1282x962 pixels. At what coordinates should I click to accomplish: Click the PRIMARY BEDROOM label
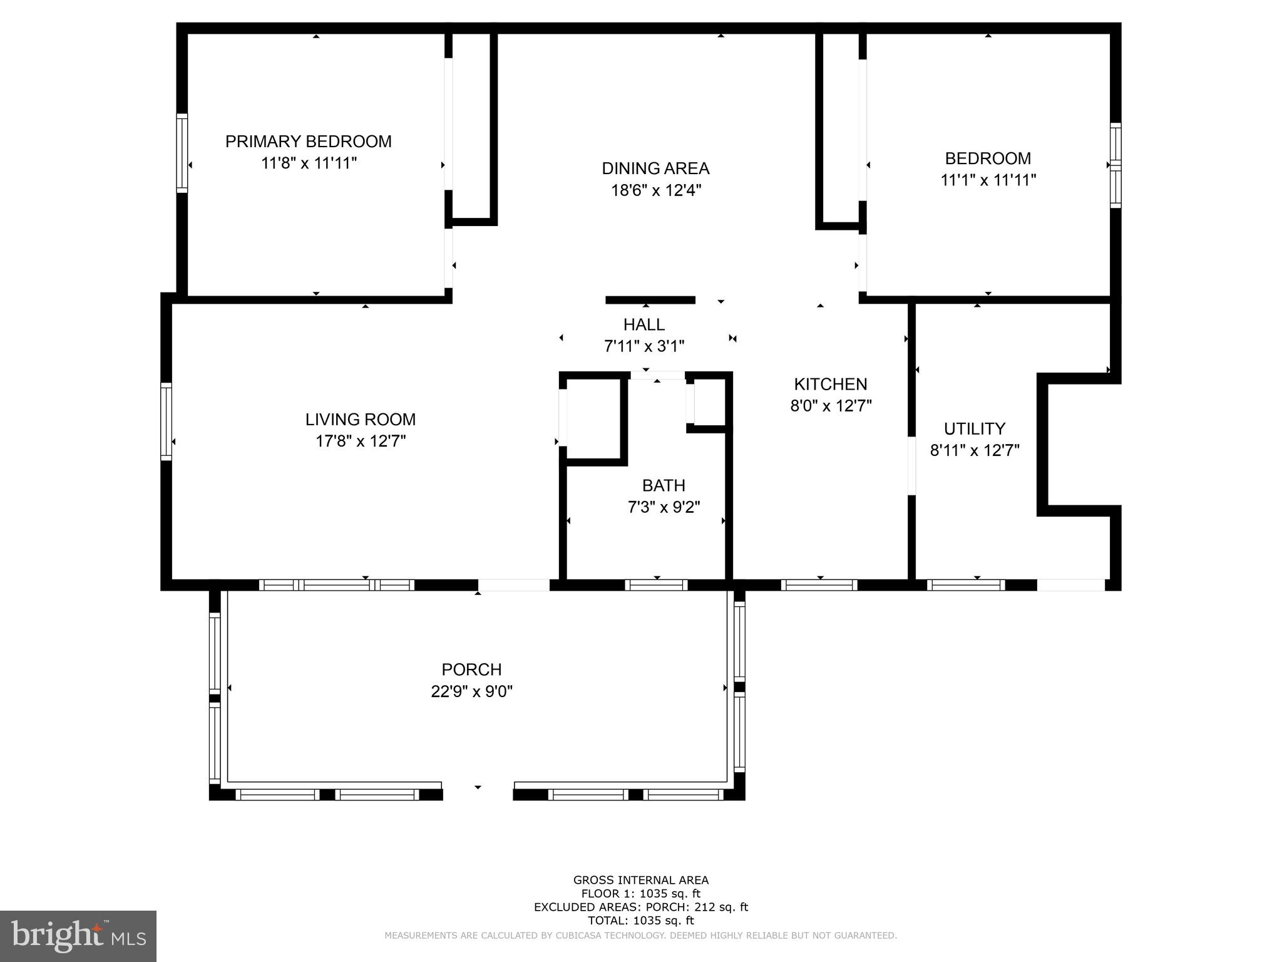coord(308,142)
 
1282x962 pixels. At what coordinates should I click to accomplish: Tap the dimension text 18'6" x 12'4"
coord(655,190)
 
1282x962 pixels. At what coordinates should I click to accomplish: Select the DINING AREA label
coord(655,168)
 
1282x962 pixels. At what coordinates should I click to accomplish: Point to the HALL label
coord(644,324)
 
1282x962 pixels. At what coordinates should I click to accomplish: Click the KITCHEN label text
coord(830,384)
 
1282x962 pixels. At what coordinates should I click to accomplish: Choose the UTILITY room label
coord(974,428)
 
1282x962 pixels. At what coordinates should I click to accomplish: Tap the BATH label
coord(663,485)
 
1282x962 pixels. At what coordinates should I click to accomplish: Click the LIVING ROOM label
coord(360,419)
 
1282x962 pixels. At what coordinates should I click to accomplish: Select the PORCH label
coord(471,670)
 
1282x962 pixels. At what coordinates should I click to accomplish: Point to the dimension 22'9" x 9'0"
coord(471,691)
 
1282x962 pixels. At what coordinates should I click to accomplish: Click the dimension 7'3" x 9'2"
coord(663,507)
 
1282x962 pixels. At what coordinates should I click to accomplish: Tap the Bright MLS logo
coord(78,936)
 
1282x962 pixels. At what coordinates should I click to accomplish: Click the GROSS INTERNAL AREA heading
coord(640,880)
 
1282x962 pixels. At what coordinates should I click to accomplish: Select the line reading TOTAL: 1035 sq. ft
coord(640,921)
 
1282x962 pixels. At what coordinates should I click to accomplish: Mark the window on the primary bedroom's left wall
coord(182,153)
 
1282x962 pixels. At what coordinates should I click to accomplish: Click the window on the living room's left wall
coord(166,421)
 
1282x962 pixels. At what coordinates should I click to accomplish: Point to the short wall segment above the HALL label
coord(650,300)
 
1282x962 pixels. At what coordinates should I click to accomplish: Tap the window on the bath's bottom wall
coord(655,585)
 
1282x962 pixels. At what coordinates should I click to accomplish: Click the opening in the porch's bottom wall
coord(478,792)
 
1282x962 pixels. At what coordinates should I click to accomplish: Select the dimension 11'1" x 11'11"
coord(988,180)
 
